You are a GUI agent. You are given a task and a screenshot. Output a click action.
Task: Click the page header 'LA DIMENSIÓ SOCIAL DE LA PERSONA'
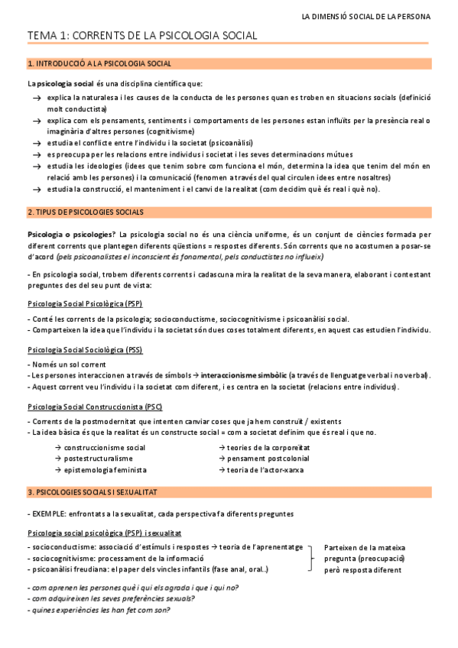[365, 15]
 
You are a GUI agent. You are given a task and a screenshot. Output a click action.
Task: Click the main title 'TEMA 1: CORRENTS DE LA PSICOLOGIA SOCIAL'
[142, 36]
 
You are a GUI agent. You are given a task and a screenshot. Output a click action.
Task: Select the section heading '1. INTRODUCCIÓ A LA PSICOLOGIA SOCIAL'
[99, 63]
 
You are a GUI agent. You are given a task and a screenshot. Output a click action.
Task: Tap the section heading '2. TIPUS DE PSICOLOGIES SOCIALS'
[86, 212]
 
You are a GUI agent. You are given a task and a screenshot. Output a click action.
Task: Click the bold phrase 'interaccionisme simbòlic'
[243, 375]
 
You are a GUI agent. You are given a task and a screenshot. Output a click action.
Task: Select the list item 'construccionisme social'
[105, 447]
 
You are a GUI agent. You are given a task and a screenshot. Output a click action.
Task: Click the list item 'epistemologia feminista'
[105, 470]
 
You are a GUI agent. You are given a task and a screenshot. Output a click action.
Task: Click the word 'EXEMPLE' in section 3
[50, 514]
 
